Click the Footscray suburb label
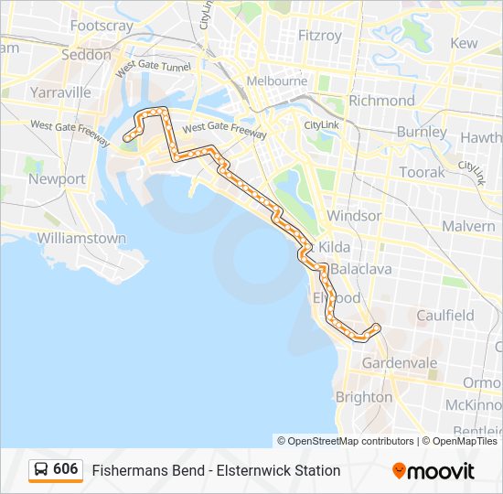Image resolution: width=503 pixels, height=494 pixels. tap(101, 26)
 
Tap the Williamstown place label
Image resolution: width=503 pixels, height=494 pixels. tap(81, 238)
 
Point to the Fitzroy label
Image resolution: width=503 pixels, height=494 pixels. tap(320, 36)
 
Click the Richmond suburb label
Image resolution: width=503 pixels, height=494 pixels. tap(381, 100)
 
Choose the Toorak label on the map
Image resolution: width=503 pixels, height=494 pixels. tap(422, 172)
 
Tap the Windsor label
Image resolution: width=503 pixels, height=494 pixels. tap(354, 216)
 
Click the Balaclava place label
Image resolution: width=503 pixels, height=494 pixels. tap(360, 269)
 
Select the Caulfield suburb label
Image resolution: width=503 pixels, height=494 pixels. tap(445, 316)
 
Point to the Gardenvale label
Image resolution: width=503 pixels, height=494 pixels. tap(400, 363)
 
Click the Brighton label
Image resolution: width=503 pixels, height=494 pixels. tap(364, 397)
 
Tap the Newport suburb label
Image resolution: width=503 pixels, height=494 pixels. tap(57, 179)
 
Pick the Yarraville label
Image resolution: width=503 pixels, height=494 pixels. tap(60, 92)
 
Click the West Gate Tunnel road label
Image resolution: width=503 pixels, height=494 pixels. tap(153, 66)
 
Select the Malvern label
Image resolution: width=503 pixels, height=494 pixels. tap(468, 226)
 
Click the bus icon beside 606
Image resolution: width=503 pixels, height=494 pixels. tap(40, 469)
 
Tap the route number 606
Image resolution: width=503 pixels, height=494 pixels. tap(66, 469)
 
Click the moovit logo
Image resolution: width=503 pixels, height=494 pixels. tap(433, 470)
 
